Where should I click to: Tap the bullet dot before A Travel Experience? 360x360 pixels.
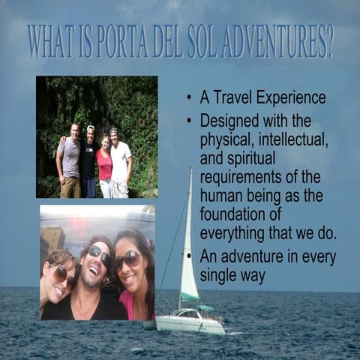[188, 98]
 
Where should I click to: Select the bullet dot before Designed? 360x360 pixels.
[188, 121]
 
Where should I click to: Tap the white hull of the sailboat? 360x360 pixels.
[191, 325]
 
